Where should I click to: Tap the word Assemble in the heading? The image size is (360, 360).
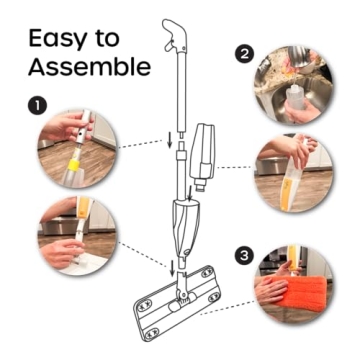click(x=90, y=67)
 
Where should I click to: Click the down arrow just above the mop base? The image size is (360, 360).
click(x=173, y=267)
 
